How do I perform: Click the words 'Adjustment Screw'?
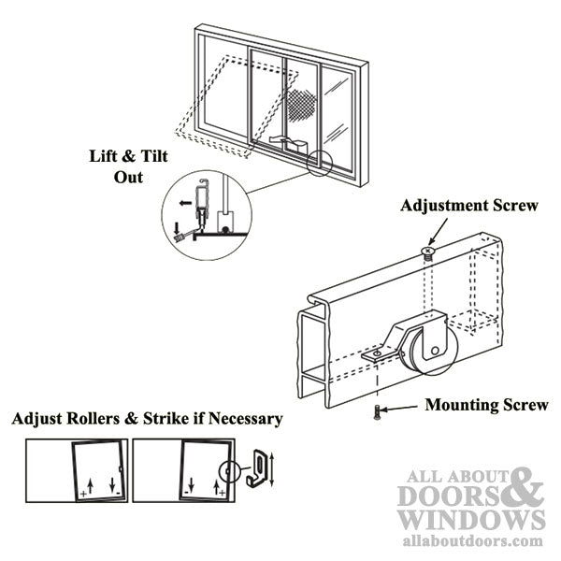[x=468, y=206]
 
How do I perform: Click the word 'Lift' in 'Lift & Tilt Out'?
[x=104, y=157]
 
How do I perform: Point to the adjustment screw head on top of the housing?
[x=429, y=251]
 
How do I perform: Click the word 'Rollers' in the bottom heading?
[x=95, y=419]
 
